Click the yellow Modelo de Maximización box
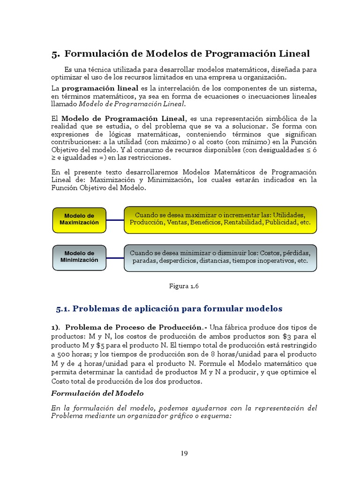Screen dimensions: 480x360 pos(79,219)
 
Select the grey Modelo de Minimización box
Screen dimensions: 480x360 pos(79,257)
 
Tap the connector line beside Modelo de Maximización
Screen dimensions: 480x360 pos(115,219)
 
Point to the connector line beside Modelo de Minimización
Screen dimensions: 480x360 pos(115,257)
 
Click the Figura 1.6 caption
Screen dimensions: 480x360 pos(184,286)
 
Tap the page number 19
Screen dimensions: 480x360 pos(184,453)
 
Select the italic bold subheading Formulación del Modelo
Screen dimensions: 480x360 pos(97,393)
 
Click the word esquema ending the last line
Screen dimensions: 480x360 pos(216,416)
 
